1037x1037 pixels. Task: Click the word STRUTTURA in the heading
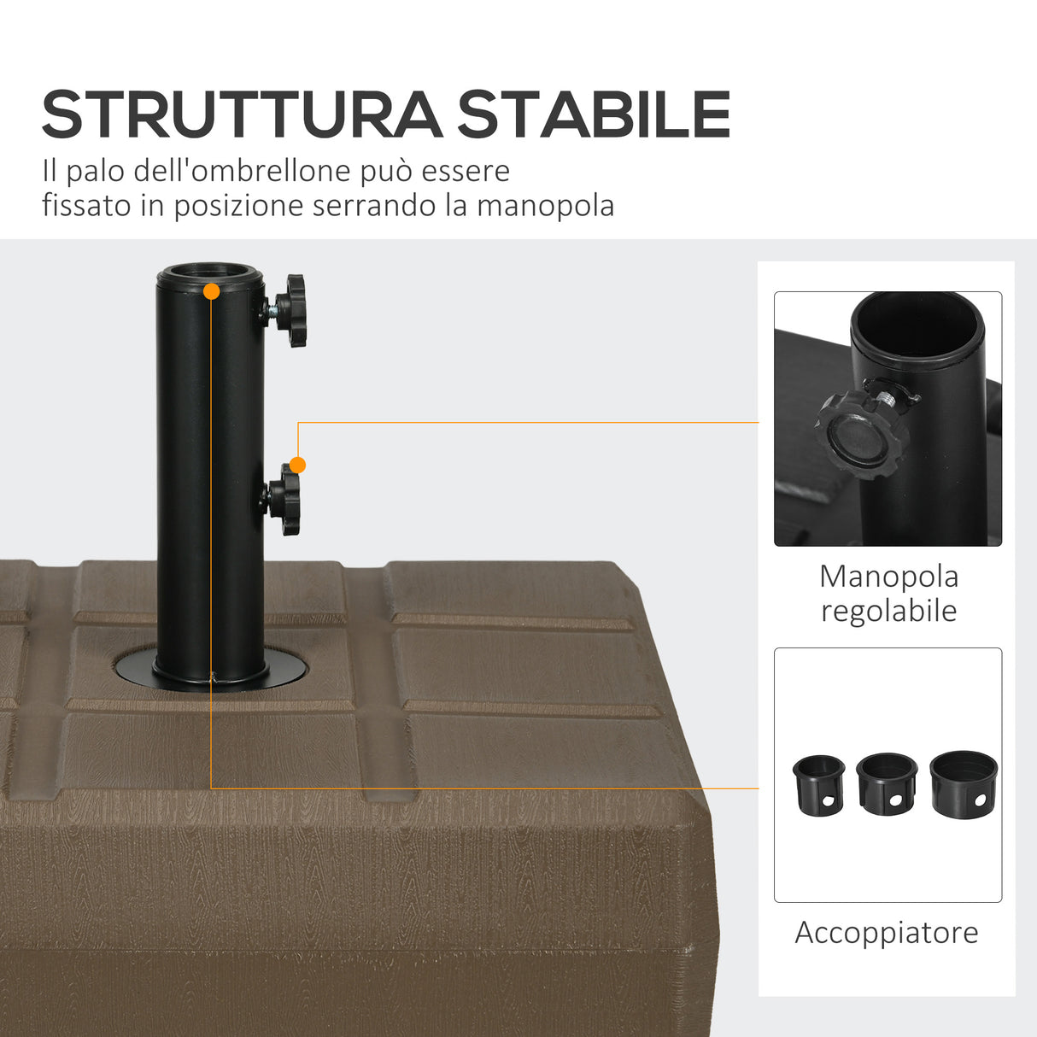[242, 114]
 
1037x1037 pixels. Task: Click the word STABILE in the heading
[594, 114]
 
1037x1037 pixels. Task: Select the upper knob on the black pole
[294, 310]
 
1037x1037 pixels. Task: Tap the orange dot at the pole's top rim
[212, 291]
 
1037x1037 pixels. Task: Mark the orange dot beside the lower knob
[297, 465]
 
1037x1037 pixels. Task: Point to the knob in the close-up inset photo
[858, 437]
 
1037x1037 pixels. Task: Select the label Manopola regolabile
[888, 594]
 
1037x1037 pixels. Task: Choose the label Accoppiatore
[887, 932]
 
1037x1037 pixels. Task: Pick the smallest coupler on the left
[818, 784]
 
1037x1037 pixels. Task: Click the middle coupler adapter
[887, 783]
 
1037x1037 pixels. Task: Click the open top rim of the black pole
[210, 275]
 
